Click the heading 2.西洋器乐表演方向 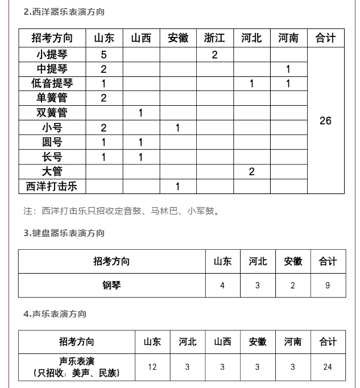(x=64, y=12)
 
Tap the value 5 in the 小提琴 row (x=104, y=55)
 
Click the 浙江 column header (x=214, y=38)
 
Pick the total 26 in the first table (x=325, y=121)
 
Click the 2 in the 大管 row (x=252, y=172)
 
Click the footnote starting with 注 (x=122, y=211)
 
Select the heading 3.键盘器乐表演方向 (x=64, y=233)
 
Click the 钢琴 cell (x=111, y=285)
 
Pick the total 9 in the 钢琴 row (x=328, y=285)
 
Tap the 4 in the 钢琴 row (x=222, y=285)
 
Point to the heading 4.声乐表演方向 (x=55, y=314)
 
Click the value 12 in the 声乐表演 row (x=152, y=367)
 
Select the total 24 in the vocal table (x=328, y=367)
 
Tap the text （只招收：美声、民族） (x=77, y=373)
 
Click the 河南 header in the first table (x=288, y=38)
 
